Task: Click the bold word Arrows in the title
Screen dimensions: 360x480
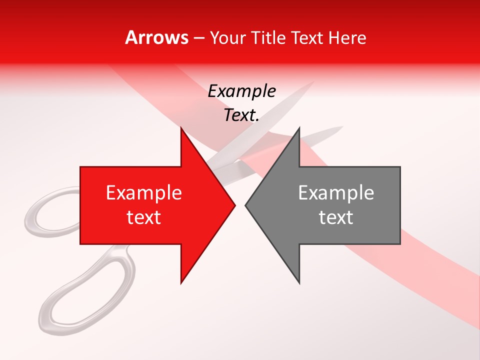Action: [156, 37]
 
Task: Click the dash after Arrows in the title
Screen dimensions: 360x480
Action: [198, 38]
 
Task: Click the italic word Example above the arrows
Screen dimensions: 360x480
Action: [241, 91]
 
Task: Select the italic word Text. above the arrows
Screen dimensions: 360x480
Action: [241, 115]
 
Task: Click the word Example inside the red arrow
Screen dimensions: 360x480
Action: [144, 192]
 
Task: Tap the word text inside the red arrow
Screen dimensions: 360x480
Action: [144, 217]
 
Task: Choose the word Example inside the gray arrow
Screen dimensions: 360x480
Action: [336, 192]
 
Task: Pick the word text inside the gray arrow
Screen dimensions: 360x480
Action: [336, 217]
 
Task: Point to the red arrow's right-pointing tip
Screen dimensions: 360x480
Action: [234, 205]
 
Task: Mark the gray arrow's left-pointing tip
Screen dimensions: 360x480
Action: [246, 205]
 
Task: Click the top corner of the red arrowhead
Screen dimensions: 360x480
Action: [181, 128]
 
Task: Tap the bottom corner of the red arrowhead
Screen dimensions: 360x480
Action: [181, 283]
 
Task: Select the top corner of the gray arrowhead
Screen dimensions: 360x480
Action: [299, 128]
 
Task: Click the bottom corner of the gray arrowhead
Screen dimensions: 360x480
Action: [299, 283]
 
